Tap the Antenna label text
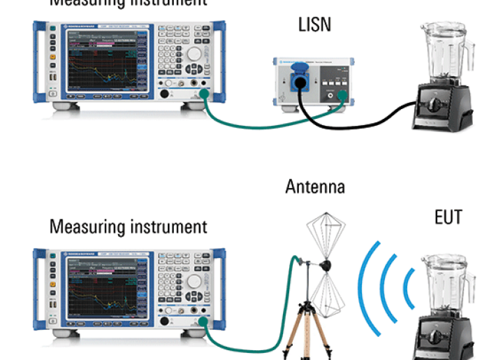[315, 187]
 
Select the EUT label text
[448, 217]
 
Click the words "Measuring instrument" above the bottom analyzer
[129, 227]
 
